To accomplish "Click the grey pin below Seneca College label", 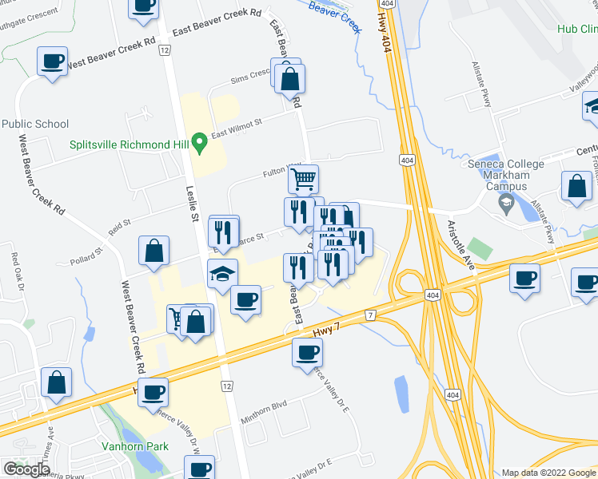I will pos(504,203).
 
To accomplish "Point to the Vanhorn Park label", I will pos(134,446).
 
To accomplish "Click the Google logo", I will pos(26,469).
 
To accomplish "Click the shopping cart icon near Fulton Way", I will pos(303,179).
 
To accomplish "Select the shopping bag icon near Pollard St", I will pos(154,251).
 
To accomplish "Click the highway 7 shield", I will pos(370,315).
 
